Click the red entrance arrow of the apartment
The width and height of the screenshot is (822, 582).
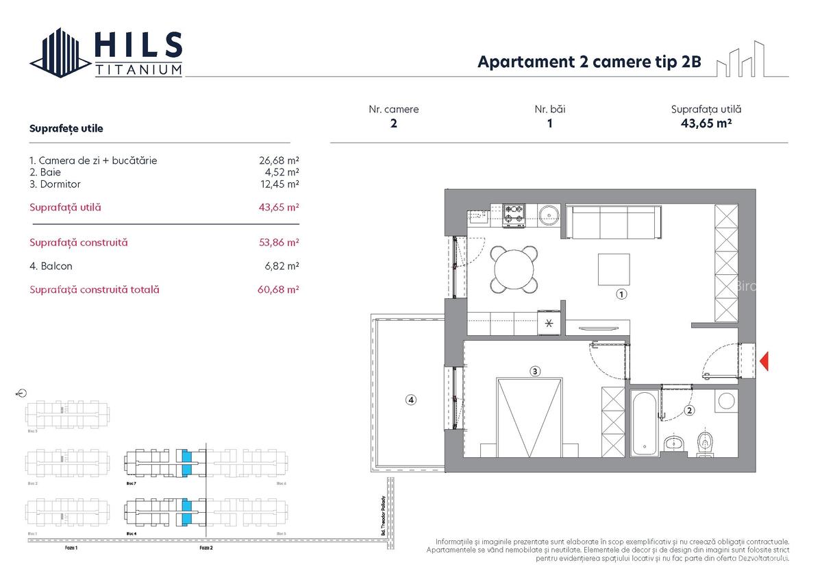764,361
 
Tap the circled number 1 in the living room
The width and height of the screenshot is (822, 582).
621,294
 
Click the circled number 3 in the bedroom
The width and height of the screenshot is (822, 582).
535,372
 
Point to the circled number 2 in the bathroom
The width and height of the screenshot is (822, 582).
689,411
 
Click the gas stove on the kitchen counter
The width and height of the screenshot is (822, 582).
514,215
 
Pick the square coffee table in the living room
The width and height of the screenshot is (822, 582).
614,269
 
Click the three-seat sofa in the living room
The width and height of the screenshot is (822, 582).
613,221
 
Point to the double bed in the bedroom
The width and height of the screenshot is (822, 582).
528,417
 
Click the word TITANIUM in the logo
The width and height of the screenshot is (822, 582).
139,69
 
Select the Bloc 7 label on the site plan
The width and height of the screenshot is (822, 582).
130,483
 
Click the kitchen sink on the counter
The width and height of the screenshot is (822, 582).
478,216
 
